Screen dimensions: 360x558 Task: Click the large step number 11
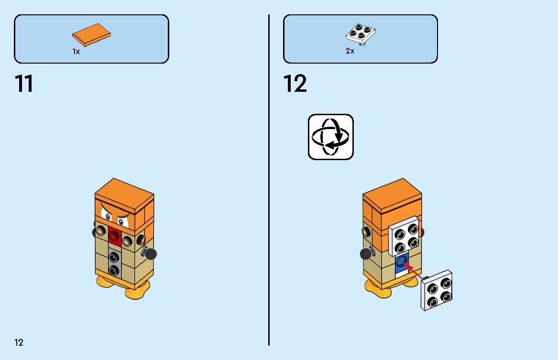pos(24,84)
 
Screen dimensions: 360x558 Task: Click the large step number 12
pos(295,84)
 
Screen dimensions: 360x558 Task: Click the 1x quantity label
pos(76,51)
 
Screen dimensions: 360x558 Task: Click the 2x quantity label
pos(350,51)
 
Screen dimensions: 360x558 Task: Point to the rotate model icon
pos(330,137)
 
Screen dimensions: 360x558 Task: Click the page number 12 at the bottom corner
pos(19,342)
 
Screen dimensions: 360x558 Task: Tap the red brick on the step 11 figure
pos(114,235)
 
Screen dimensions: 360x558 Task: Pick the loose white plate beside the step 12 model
pos(437,290)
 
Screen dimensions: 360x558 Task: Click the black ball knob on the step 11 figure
pos(151,253)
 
